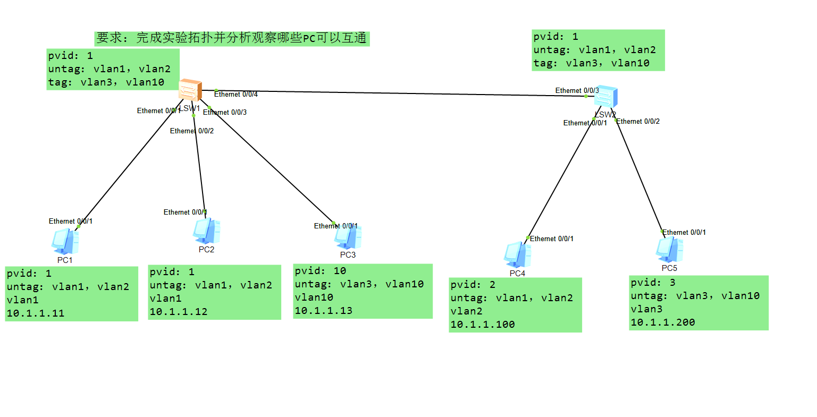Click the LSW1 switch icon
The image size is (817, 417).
tap(190, 90)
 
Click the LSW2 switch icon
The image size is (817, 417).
tap(606, 97)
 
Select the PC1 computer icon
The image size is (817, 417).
tap(65, 242)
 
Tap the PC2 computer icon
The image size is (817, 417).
tap(206, 232)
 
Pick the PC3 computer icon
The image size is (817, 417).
tap(348, 237)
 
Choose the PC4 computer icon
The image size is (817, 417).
tap(517, 255)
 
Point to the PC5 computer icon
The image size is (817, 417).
tap(669, 250)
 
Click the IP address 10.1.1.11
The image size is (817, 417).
tap(36, 313)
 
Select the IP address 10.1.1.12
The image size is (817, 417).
tap(179, 312)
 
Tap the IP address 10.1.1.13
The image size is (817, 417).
tap(324, 311)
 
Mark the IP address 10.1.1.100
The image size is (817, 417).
tap(483, 325)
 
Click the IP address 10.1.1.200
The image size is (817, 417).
tap(663, 322)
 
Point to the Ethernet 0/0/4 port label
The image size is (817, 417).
tap(236, 95)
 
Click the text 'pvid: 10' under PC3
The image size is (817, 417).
tap(321, 271)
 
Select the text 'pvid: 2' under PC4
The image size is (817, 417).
tap(473, 285)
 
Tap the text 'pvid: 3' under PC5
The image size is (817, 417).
tap(653, 283)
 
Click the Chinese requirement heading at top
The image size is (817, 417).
tap(232, 38)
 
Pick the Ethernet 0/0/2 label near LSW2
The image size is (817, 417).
tap(638, 122)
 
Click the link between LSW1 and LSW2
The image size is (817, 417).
tap(399, 93)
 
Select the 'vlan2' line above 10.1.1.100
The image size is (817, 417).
tap(467, 311)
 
